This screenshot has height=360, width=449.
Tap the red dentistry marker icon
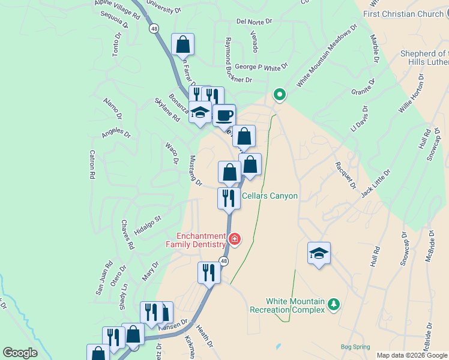click(x=235, y=240)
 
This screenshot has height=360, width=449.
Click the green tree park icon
click(x=334, y=305)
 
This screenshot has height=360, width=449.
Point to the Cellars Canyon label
click(x=270, y=196)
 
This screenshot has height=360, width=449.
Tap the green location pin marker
click(x=279, y=95)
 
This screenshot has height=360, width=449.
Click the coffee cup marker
click(x=224, y=115)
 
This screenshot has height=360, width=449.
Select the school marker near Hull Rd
click(x=319, y=253)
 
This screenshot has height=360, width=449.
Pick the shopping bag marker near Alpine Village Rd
click(x=182, y=44)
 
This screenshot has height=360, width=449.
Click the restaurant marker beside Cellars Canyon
click(x=229, y=198)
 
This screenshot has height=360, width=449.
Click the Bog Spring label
click(x=355, y=347)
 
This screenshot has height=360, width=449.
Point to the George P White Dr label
click(x=261, y=67)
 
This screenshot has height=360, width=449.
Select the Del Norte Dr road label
click(x=254, y=21)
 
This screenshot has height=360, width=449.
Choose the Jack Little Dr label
click(x=376, y=184)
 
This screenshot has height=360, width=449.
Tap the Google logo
click(x=20, y=353)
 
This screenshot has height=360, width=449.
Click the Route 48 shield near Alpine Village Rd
click(x=154, y=28)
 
